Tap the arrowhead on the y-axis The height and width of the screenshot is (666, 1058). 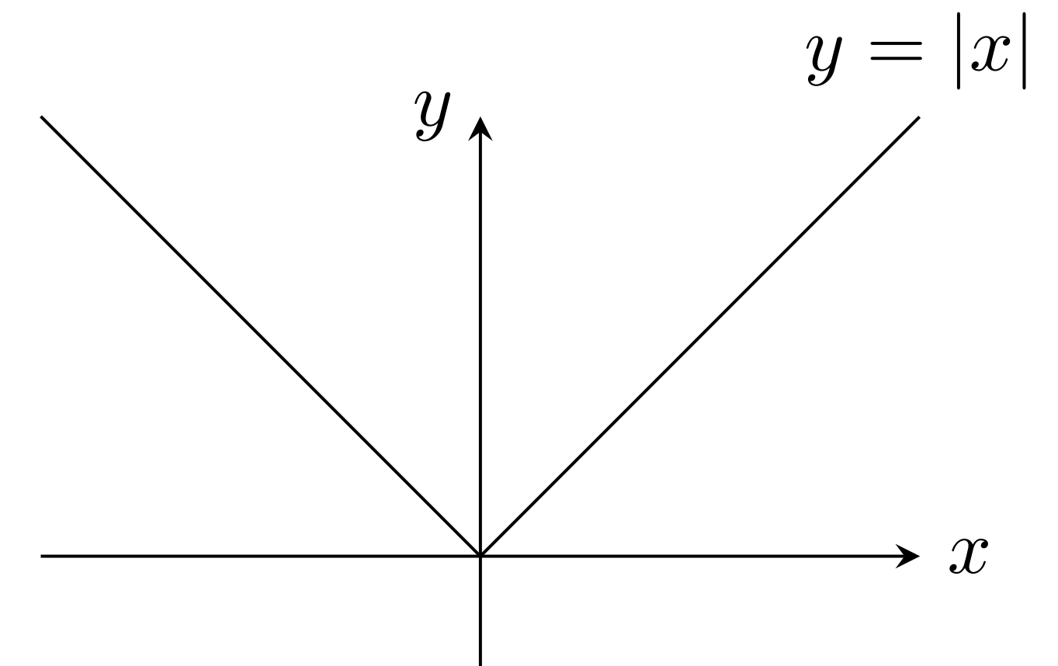click(x=480, y=127)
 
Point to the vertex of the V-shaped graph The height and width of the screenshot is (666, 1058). click(x=480, y=555)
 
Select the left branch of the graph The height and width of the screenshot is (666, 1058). click(x=260, y=335)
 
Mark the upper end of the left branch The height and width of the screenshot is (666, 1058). click(x=42, y=118)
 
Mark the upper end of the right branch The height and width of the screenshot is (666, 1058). click(x=918, y=118)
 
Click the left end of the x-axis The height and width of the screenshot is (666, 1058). click(x=42, y=555)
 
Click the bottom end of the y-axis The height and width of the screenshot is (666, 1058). click(x=480, y=663)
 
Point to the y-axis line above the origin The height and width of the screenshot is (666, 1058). click(x=480, y=342)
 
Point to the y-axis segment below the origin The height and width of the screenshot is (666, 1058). click(x=480, y=613)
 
